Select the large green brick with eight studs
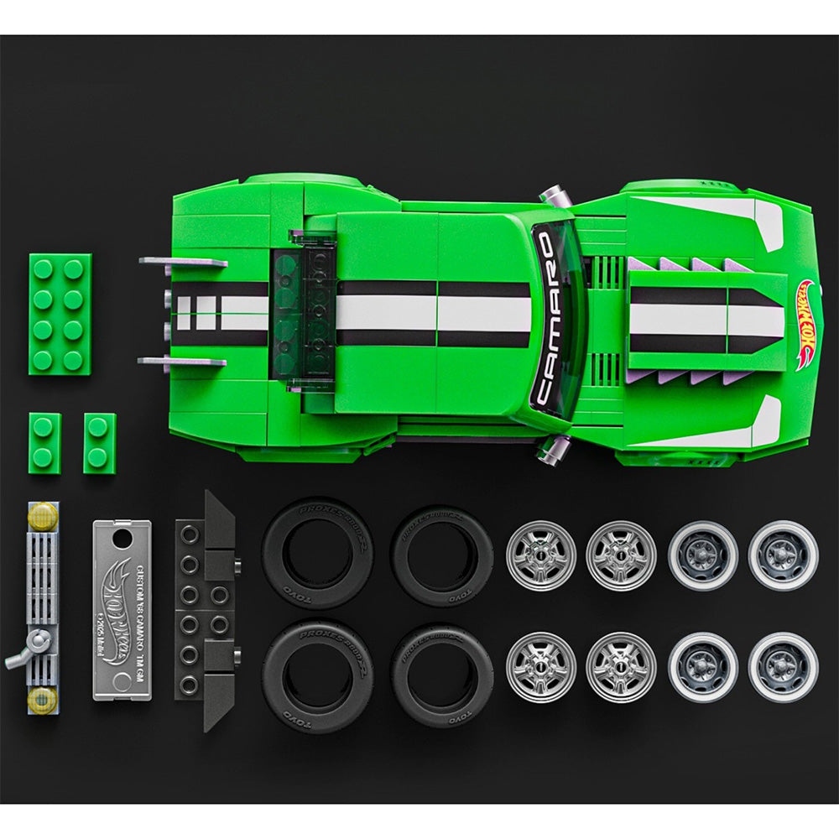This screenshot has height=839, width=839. coord(60,312)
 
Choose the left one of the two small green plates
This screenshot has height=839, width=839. coord(44,443)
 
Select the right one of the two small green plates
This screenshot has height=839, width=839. coord(99,443)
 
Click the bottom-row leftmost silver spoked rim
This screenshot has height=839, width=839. coord(540,667)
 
